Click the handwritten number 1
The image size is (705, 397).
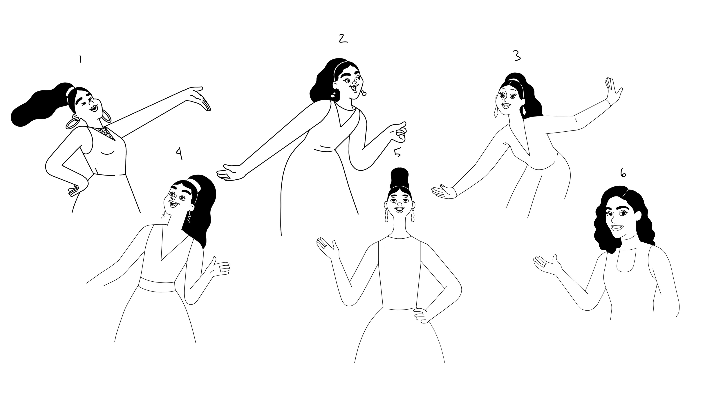click(x=80, y=59)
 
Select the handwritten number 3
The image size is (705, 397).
click(x=516, y=56)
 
